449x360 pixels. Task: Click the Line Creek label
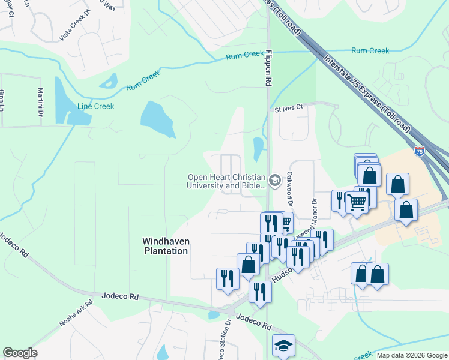(x=95, y=106)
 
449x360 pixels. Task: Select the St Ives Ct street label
(x=290, y=109)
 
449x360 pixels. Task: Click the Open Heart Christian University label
(x=226, y=181)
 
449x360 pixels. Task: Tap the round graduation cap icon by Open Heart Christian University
(x=275, y=180)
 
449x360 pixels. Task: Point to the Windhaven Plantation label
(x=165, y=246)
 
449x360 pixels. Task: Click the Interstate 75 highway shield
(x=419, y=151)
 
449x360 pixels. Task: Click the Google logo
(x=20, y=353)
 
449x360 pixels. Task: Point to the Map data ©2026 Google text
(x=411, y=355)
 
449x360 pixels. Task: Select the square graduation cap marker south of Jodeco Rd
(x=283, y=346)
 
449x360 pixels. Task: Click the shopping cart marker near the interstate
(x=357, y=202)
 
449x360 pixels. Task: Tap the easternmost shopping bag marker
(x=406, y=210)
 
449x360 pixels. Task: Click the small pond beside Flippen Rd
(x=259, y=148)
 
